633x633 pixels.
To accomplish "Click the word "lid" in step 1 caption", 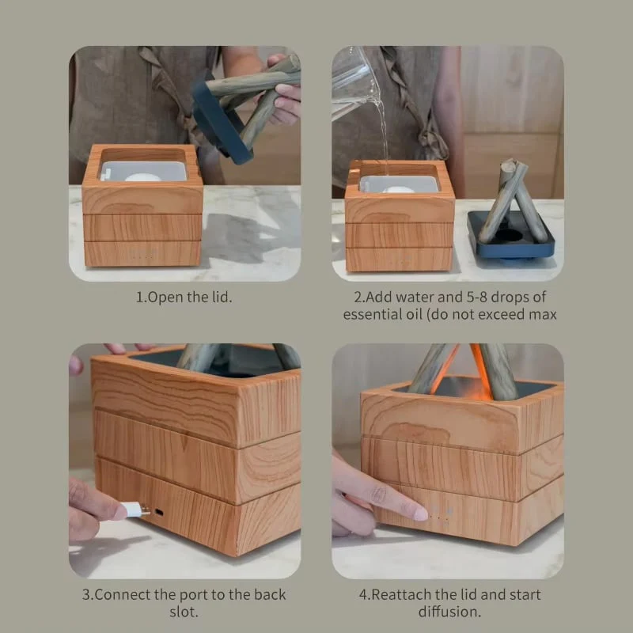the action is click(222, 298).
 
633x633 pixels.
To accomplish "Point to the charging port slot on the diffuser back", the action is click(160, 513).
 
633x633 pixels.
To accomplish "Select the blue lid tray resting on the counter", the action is click(511, 236).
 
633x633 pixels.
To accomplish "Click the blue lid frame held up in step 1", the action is click(220, 121).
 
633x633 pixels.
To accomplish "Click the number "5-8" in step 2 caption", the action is click(477, 298).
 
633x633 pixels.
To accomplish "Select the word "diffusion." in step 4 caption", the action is click(449, 612).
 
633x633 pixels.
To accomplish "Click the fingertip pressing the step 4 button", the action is click(420, 514).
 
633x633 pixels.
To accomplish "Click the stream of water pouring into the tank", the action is click(382, 133).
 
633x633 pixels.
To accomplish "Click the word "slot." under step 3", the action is click(184, 612).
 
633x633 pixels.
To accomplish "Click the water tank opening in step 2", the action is click(399, 183).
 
